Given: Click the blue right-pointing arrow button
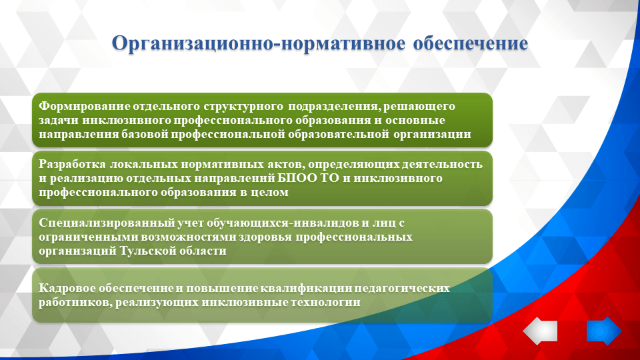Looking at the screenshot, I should pyautogui.click(x=604, y=331).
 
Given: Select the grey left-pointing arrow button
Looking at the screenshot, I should pyautogui.click(x=540, y=331).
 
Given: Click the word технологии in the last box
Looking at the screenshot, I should pyautogui.click(x=329, y=302).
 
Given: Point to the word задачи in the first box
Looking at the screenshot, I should pyautogui.click(x=59, y=120).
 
